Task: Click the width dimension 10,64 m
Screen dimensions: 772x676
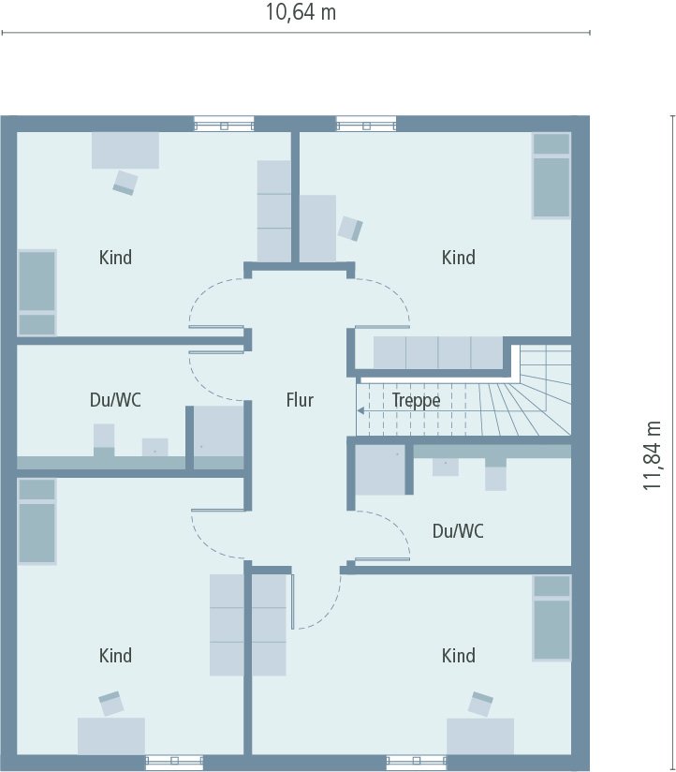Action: coord(301,13)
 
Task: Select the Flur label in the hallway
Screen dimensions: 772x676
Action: coord(300,400)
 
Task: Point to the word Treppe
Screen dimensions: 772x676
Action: coord(416,400)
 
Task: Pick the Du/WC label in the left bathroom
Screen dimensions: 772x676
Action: coord(115,400)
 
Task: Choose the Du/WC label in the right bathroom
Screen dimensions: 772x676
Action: coord(458,531)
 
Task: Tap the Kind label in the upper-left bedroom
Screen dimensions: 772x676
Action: coord(115,257)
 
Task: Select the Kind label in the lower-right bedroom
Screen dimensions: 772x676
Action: coord(458,655)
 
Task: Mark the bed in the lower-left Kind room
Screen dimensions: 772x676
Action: coord(37,521)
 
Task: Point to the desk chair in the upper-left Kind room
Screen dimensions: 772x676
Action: coord(125,183)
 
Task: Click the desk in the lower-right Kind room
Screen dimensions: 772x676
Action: coord(480,735)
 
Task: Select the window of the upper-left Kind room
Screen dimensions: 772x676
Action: coord(224,124)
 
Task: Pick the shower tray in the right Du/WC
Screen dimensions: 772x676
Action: coord(379,468)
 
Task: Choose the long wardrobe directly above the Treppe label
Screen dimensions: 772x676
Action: coord(438,352)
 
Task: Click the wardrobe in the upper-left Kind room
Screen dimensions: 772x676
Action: coord(274,211)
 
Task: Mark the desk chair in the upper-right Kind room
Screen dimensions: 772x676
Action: coord(350,228)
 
